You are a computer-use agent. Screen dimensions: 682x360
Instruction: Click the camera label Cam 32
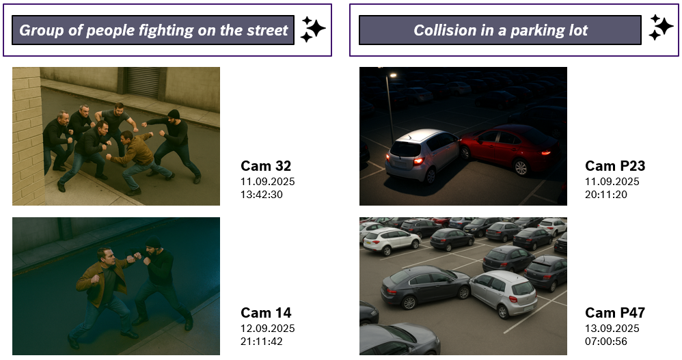(266, 165)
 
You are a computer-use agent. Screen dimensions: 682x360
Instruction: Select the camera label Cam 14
(266, 313)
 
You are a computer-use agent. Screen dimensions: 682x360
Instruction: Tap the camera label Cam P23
(615, 165)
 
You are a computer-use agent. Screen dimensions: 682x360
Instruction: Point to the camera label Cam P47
(615, 313)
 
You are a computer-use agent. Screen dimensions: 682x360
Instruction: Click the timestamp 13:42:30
(262, 195)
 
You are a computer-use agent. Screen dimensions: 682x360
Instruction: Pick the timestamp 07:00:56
(606, 342)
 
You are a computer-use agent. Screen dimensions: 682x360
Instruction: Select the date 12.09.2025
(267, 329)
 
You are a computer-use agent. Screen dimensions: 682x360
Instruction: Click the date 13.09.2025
(612, 329)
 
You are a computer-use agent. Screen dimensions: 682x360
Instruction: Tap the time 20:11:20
(606, 195)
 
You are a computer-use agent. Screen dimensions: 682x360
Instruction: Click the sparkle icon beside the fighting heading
(313, 29)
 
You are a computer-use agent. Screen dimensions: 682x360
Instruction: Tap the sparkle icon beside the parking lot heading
(661, 27)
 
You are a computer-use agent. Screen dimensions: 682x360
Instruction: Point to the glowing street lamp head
(393, 75)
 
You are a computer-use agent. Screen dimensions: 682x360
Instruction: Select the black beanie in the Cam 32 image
(174, 114)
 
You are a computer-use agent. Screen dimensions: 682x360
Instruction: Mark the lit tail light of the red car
(545, 152)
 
